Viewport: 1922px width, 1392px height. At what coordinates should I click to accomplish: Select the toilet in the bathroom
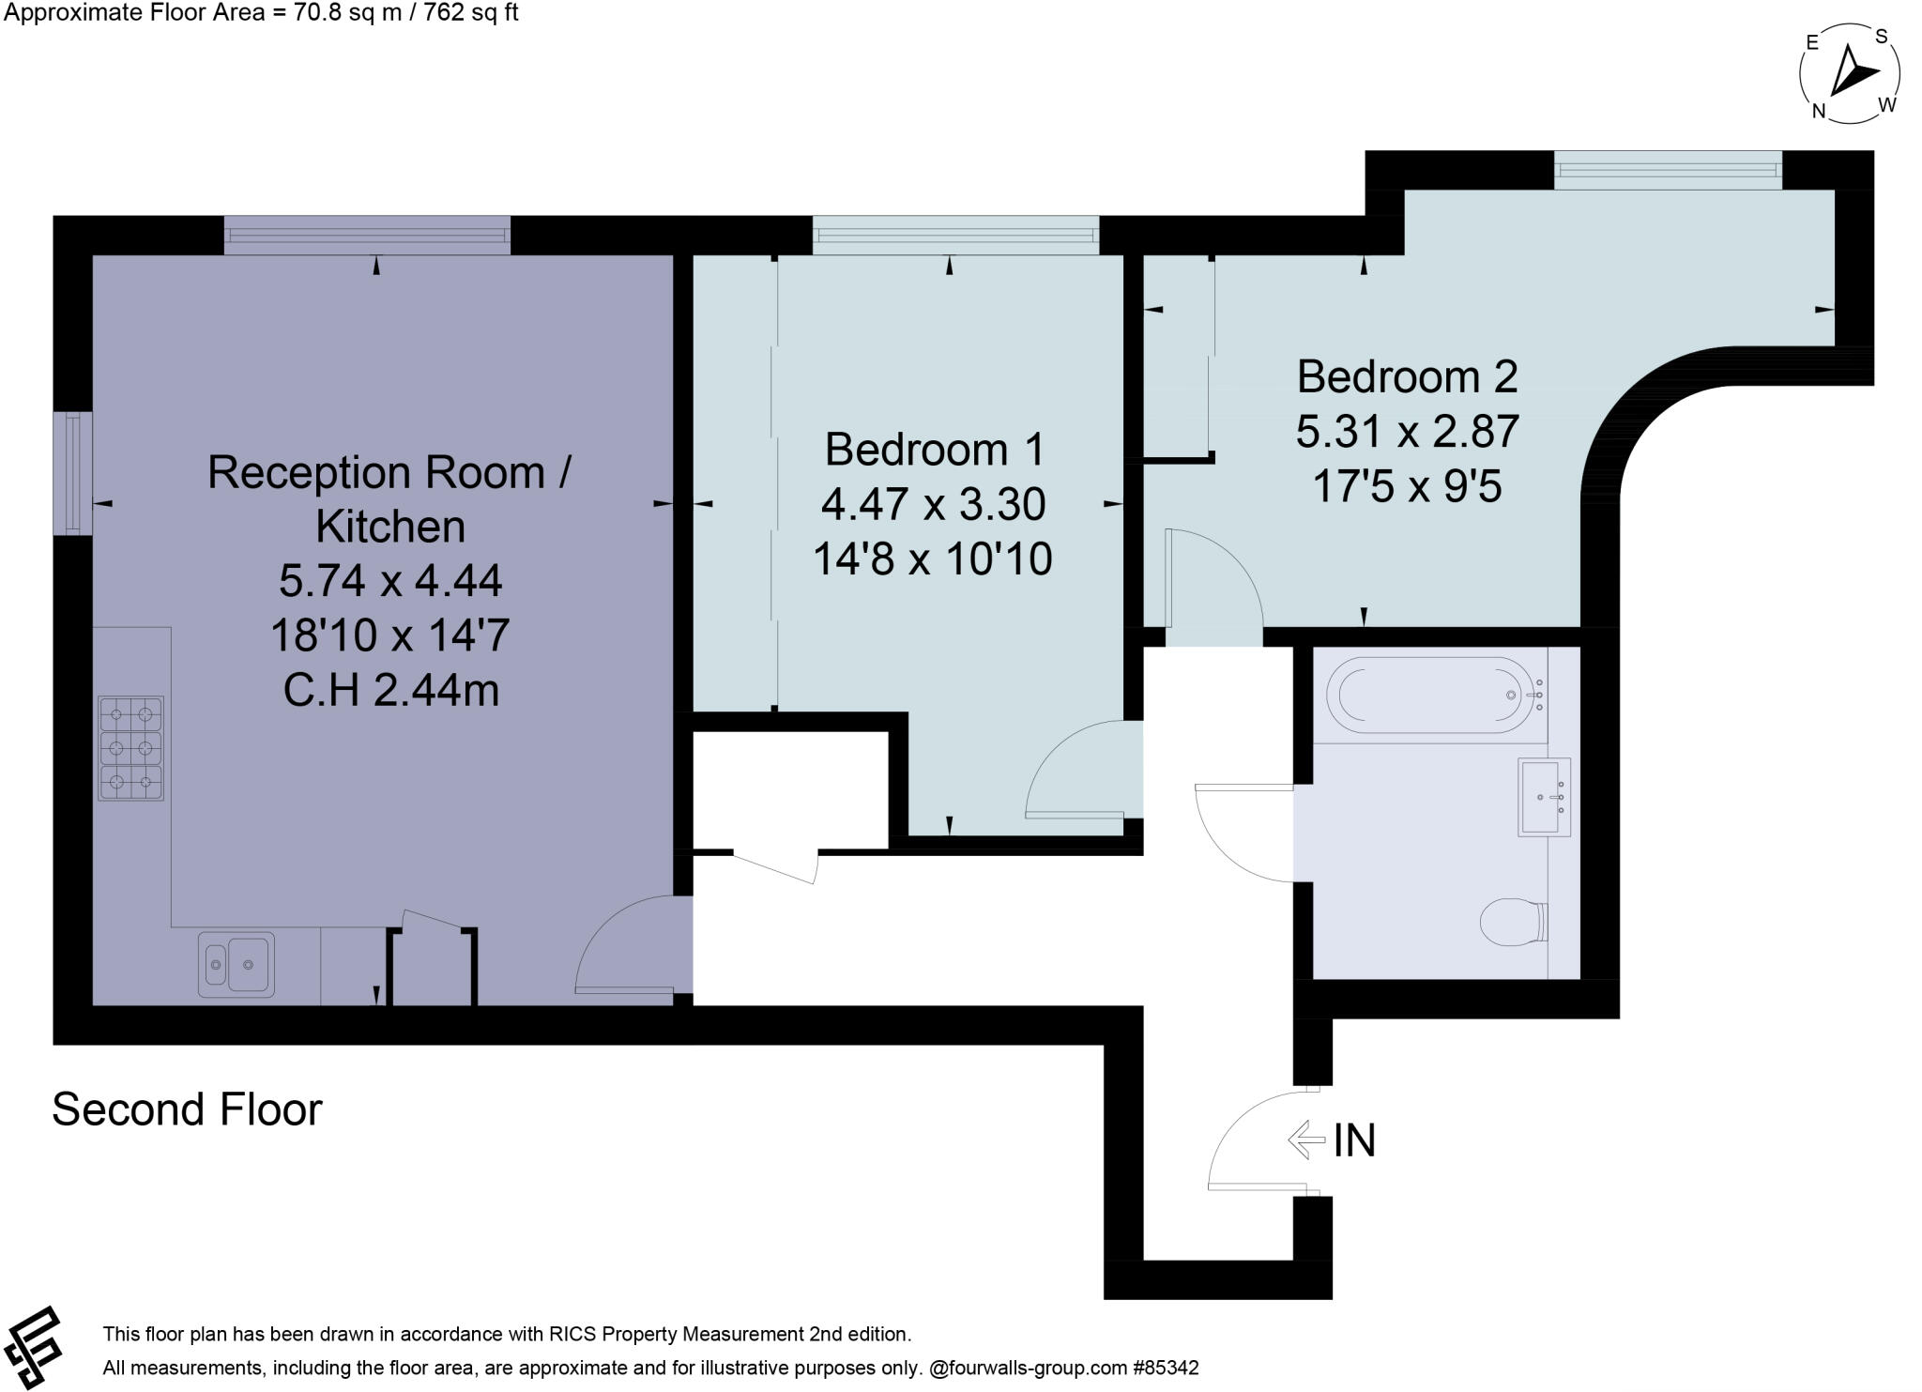[1512, 922]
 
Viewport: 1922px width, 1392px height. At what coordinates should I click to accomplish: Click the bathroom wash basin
[1543, 797]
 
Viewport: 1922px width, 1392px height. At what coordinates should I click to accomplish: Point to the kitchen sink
[236, 964]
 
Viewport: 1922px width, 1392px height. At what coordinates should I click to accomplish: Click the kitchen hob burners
[130, 748]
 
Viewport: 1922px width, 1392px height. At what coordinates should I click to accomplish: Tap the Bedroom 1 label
[934, 450]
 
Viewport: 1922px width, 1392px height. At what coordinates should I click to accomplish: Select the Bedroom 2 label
[1407, 377]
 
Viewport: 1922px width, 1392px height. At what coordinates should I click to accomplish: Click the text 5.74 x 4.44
[390, 581]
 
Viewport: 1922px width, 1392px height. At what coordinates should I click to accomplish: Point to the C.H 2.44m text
[390, 692]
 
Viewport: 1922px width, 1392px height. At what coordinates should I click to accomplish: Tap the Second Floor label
[187, 1109]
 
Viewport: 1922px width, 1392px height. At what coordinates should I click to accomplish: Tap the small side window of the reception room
[72, 473]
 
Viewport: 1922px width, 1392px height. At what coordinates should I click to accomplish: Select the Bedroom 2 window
[1667, 170]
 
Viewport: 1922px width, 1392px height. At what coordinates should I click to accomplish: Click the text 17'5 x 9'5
[1407, 487]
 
